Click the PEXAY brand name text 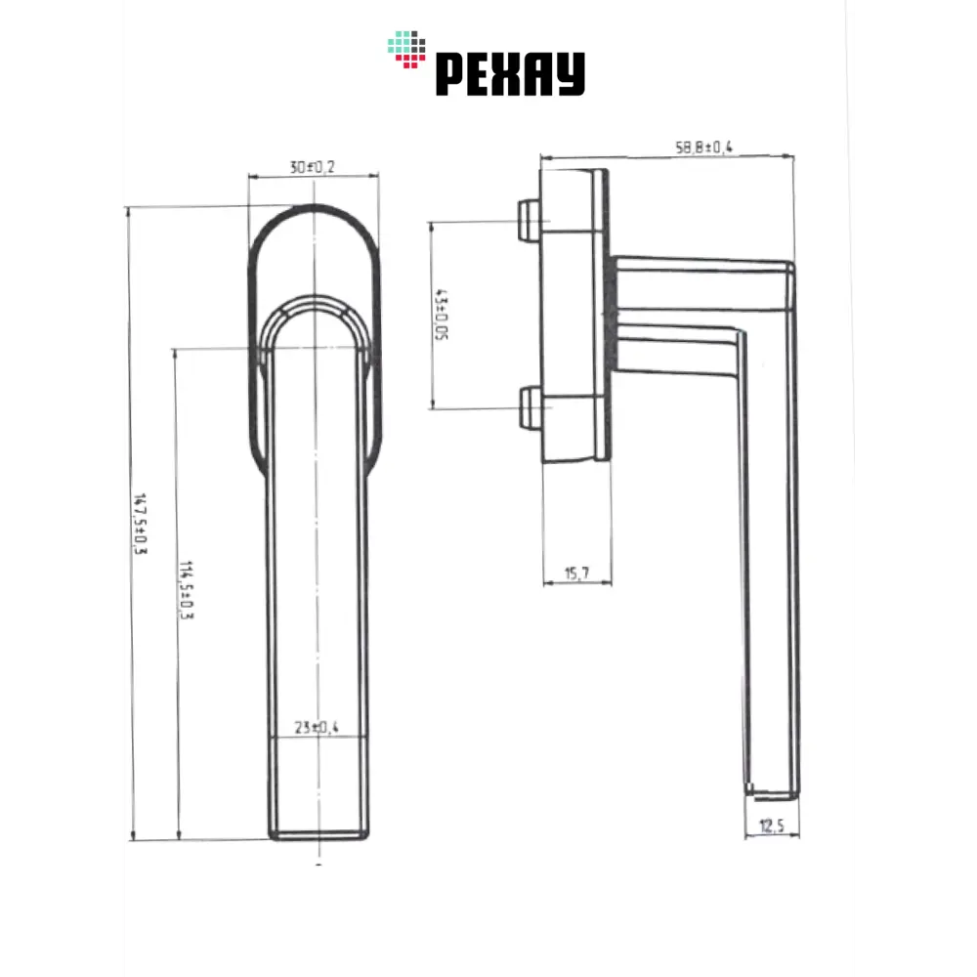pos(509,74)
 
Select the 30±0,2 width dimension pos(313,167)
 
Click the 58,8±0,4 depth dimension pos(703,148)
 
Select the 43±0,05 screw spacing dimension pos(442,316)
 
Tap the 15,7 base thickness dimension pos(576,574)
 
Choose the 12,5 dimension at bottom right pos(772,827)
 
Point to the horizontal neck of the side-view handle pos(684,293)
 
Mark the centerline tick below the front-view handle pos(319,863)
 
